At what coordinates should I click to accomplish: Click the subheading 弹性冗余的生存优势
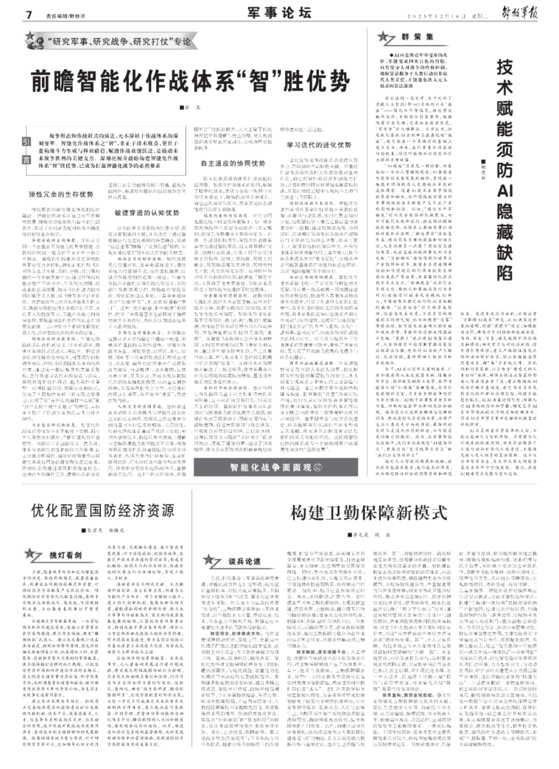click(61, 194)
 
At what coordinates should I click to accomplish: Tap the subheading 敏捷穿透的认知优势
click(147, 212)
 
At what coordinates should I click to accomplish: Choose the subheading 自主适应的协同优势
click(233, 163)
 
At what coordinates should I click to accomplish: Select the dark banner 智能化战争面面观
click(276, 467)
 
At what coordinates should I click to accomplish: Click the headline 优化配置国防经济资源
click(103, 511)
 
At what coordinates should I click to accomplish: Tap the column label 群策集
click(417, 37)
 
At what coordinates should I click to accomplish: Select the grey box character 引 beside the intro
click(26, 142)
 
